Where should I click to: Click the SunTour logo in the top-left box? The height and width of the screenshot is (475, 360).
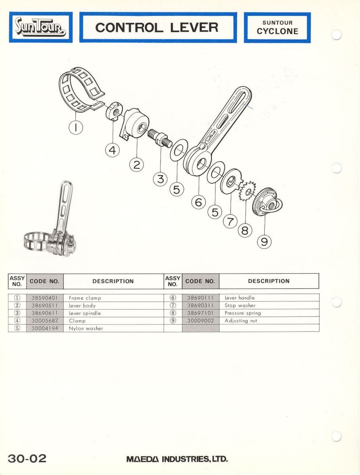point(41,27)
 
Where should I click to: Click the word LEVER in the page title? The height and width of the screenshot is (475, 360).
point(194,27)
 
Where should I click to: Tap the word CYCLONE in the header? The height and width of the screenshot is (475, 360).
point(278,31)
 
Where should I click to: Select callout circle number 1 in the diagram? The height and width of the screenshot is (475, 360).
point(76,128)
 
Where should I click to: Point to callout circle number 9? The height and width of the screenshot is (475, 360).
point(264,242)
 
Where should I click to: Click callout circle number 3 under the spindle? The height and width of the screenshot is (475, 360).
point(160,179)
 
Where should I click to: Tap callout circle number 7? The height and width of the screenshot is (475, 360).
point(230,222)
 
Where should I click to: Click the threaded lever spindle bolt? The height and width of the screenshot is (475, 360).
point(160,137)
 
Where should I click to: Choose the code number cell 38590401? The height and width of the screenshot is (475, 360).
point(45,298)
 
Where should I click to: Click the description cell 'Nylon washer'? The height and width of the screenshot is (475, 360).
point(86,328)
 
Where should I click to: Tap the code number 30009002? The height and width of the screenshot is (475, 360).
point(200,321)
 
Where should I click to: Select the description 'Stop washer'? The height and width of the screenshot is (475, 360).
point(240,305)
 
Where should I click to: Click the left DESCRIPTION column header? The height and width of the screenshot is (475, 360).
point(113,281)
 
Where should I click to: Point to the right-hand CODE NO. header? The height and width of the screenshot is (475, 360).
point(200,281)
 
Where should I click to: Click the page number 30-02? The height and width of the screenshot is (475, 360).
point(27,458)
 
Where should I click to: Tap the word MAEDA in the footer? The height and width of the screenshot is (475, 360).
point(143,459)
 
